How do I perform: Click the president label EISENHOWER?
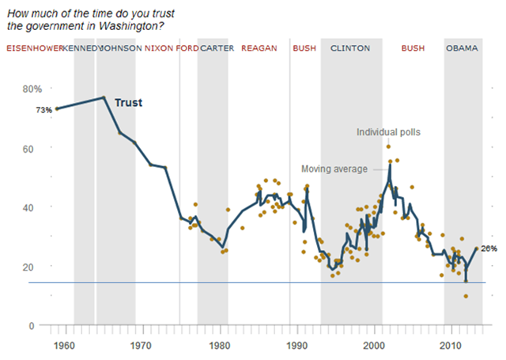[34, 48]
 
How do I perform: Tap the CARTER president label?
[217, 48]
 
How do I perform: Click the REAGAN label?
[259, 48]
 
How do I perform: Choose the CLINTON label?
[349, 48]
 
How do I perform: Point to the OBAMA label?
[463, 48]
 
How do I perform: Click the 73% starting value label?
[43, 110]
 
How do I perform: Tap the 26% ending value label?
[489, 248]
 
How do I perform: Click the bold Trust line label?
[128, 103]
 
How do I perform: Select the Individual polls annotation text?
[388, 132]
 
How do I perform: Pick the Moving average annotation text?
[334, 169]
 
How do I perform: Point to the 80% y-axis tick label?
[32, 89]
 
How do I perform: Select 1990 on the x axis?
[297, 347]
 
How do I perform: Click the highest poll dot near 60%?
[388, 146]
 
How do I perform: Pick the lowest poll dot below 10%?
[466, 297]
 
